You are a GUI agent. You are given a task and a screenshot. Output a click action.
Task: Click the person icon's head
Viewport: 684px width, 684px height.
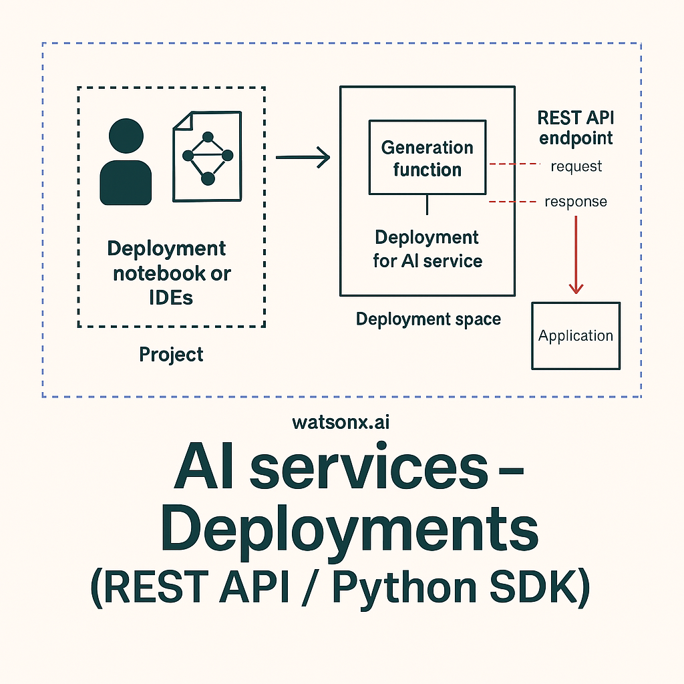[126, 136]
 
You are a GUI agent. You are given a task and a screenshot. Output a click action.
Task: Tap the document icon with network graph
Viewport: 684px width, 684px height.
[207, 156]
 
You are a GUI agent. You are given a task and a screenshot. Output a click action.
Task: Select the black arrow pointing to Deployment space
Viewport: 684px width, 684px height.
[303, 157]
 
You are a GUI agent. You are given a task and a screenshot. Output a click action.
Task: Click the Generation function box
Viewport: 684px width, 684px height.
[427, 157]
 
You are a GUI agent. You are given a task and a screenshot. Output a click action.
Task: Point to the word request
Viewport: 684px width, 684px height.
[576, 166]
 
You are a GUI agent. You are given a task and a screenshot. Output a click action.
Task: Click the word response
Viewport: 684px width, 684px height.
[576, 202]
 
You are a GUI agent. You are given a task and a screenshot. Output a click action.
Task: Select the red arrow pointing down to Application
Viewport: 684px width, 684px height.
[576, 255]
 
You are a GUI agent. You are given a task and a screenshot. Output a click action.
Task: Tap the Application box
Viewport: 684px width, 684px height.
[576, 336]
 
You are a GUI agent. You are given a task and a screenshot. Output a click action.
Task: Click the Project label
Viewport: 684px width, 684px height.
[171, 355]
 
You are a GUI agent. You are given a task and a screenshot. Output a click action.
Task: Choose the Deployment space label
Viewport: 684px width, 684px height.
[428, 319]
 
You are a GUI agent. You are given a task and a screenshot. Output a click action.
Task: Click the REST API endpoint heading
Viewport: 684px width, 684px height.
[576, 128]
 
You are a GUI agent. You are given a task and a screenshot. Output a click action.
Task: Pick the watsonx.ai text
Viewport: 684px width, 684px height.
[341, 422]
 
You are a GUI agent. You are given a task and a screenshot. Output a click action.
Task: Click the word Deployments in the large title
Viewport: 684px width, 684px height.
[349, 529]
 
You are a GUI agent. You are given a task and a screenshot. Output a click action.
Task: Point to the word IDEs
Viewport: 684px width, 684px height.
[171, 298]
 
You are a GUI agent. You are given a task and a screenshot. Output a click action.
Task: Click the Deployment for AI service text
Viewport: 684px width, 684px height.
[427, 249]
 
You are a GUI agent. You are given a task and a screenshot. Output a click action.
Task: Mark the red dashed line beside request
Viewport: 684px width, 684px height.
[515, 164]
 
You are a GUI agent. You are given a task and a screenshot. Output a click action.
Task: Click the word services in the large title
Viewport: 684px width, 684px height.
[369, 467]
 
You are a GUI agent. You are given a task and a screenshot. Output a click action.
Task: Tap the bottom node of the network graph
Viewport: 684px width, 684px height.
[208, 178]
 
